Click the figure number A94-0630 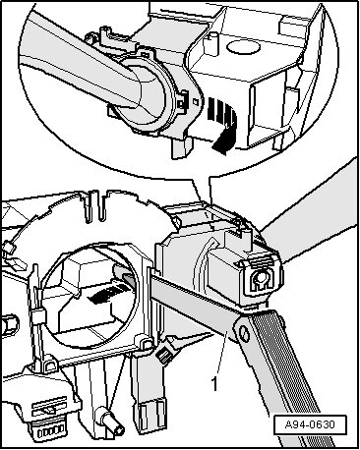(310, 424)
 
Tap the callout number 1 (214, 384)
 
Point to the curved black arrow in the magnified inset (223, 125)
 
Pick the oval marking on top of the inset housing (243, 47)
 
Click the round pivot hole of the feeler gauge (244, 334)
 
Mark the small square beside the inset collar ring (196, 101)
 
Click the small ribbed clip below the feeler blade (164, 354)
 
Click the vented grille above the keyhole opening (264, 262)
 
